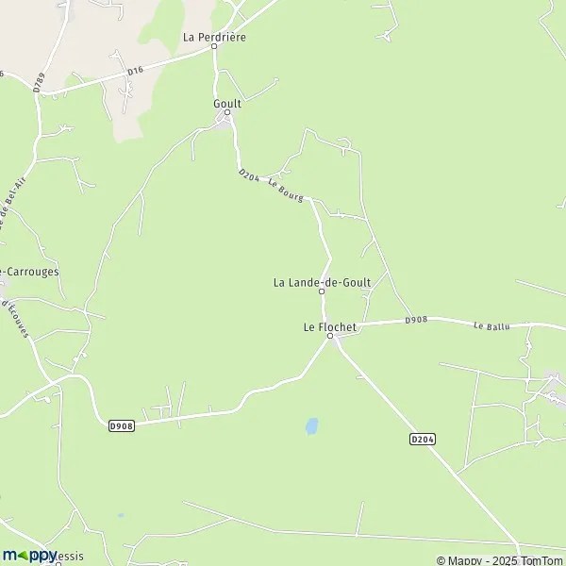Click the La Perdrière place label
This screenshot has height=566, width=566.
pyautogui.click(x=214, y=36)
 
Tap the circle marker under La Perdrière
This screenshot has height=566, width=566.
pyautogui.click(x=214, y=45)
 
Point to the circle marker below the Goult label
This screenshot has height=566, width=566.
pyautogui.click(x=227, y=112)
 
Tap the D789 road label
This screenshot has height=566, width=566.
pyautogui.click(x=39, y=83)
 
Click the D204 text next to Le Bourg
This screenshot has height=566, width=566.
pyautogui.click(x=248, y=176)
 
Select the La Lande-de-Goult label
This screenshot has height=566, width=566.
pyautogui.click(x=322, y=281)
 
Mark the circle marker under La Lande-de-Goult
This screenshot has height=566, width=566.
pyautogui.click(x=322, y=291)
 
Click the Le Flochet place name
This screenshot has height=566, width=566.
pyautogui.click(x=330, y=326)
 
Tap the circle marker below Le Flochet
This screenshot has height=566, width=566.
pyautogui.click(x=330, y=336)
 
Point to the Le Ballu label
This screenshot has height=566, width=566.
pyautogui.click(x=491, y=326)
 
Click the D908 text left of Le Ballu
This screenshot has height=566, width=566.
pyautogui.click(x=416, y=321)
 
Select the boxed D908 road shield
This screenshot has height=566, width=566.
pyautogui.click(x=121, y=425)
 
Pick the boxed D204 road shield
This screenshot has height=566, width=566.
pyautogui.click(x=423, y=439)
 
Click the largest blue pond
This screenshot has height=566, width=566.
pyautogui.click(x=311, y=426)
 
